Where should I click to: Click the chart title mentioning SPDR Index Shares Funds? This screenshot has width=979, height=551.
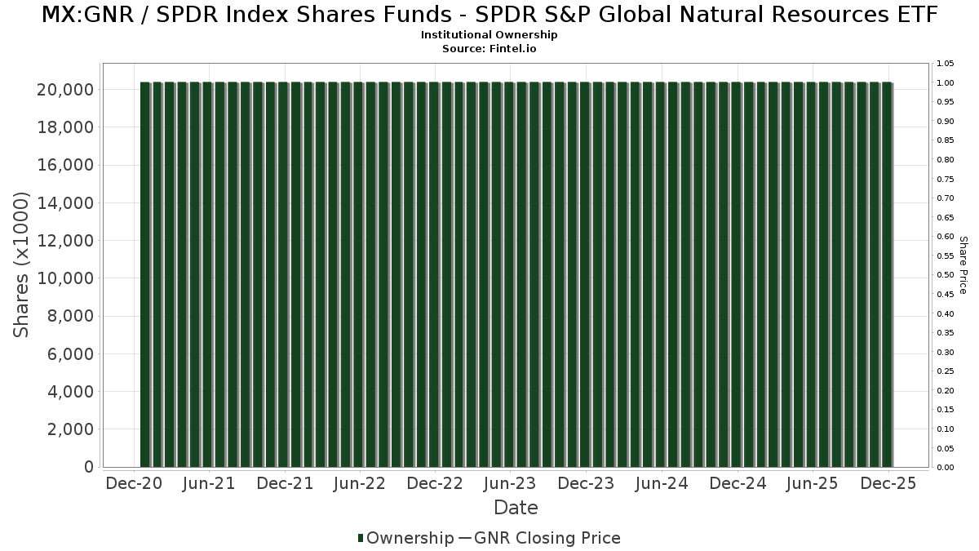[x=489, y=15]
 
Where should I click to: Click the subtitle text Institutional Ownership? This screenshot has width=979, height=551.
[x=489, y=35]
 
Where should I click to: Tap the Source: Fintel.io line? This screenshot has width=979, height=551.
[x=489, y=49]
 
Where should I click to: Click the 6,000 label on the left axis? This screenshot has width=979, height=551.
[x=71, y=354]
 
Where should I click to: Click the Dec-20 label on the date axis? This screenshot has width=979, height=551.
[x=135, y=484]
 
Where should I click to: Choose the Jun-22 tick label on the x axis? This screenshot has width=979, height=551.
[x=360, y=484]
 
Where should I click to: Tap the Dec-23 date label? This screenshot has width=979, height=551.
[x=586, y=484]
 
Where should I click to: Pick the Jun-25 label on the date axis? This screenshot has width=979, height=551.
[x=812, y=484]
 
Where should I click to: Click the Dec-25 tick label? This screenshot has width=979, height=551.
[x=888, y=484]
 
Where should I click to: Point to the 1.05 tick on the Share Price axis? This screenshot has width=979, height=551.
[x=945, y=64]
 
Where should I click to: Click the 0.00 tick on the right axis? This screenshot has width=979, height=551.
[x=945, y=468]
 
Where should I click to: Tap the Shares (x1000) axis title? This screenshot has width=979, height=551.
[x=21, y=264]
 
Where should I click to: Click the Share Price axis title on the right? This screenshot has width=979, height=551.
[x=963, y=264]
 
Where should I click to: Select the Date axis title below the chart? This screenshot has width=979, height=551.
[x=516, y=508]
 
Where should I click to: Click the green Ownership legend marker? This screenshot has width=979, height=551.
[x=361, y=538]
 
